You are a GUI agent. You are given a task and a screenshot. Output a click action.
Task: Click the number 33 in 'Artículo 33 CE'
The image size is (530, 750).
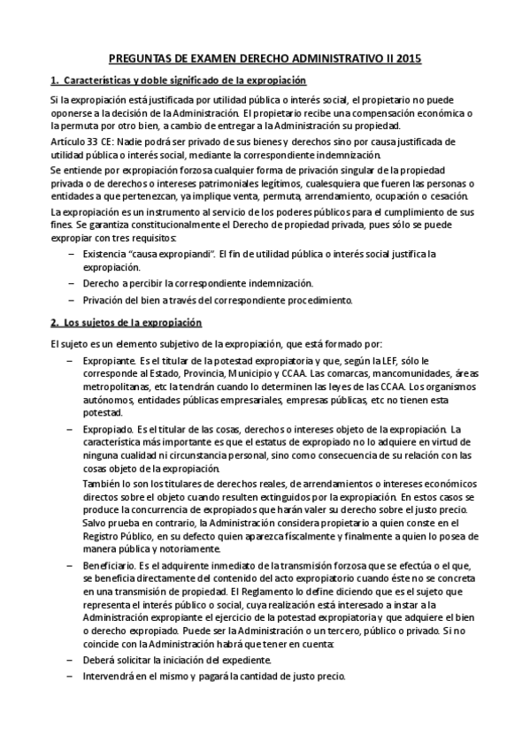point(87,142)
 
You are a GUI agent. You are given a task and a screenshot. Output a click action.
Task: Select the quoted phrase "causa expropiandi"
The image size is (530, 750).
point(169,255)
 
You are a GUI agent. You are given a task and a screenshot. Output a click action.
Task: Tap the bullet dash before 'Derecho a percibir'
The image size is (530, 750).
point(71,284)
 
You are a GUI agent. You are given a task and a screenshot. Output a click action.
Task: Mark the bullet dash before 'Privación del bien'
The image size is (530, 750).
point(71,301)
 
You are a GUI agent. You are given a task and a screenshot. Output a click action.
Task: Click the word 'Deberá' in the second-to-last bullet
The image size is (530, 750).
point(99,660)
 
